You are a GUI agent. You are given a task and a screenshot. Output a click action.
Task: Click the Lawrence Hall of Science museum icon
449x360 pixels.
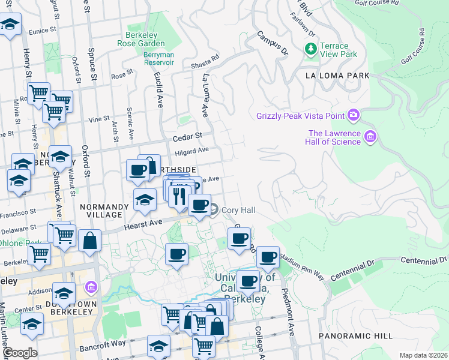pos(370,137)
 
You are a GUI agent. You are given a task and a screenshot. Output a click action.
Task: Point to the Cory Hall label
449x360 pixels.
pos(239,209)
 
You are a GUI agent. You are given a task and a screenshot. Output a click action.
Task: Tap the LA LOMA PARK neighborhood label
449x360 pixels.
pos(337,76)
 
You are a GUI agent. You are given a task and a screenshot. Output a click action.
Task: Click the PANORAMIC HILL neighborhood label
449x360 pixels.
pos(355,336)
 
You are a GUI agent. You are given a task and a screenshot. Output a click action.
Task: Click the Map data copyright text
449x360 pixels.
pos(423,355)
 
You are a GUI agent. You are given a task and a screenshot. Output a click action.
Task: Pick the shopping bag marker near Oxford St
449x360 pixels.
pos(89,241)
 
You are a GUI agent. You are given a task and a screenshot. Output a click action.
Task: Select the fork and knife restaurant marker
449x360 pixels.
pos(179,194)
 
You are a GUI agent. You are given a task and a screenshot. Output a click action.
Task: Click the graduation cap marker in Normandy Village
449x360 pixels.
pos(145,200)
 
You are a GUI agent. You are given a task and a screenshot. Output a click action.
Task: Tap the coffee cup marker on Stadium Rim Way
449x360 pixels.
pos(268,257)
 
